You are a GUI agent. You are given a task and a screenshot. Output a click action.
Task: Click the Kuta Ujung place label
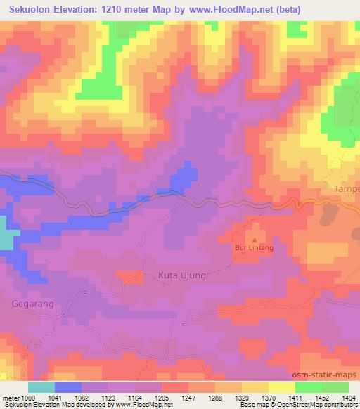tap(179, 276)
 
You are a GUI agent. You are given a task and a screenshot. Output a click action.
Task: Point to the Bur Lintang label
tap(253, 248)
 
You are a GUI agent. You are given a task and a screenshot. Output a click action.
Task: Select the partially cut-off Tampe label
tap(345, 190)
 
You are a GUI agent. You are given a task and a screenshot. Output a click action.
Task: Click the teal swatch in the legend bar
tap(41, 387)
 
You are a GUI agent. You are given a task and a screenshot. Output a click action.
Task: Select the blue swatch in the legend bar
tap(68, 387)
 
